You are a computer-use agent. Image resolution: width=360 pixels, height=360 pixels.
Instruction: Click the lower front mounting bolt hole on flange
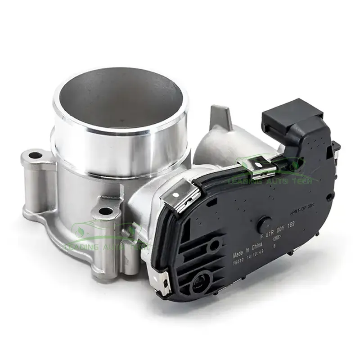(x=105, y=211)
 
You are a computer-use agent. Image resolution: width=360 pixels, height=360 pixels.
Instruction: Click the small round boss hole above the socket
(x=215, y=245)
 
